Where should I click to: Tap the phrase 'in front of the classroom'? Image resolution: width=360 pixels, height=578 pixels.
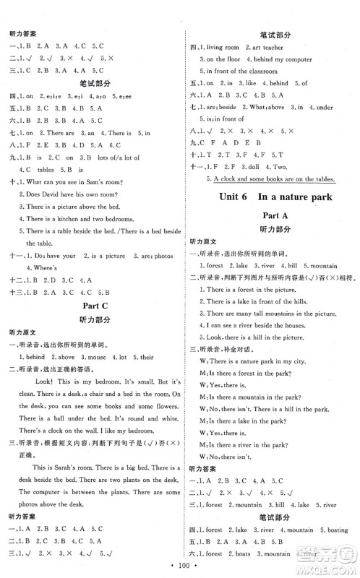click(x=241, y=71)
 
